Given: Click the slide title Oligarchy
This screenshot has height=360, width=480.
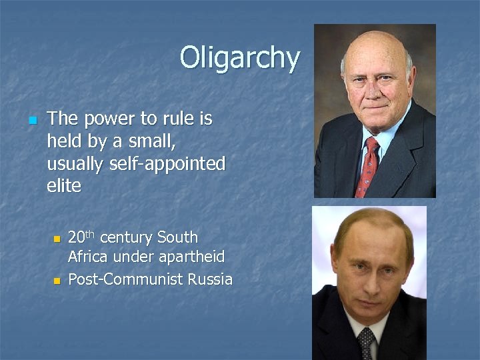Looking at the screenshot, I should pyautogui.click(x=239, y=58).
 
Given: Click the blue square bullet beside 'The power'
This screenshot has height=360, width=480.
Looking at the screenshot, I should pyautogui.click(x=31, y=121).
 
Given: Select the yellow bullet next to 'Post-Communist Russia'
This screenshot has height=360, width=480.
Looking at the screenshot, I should pyautogui.click(x=57, y=281).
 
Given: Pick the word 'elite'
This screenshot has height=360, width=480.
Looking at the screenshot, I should pyautogui.click(x=64, y=186).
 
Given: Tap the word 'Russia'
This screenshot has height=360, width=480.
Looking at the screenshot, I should pyautogui.click(x=210, y=279).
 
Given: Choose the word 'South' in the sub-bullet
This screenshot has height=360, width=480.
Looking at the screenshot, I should pyautogui.click(x=177, y=237).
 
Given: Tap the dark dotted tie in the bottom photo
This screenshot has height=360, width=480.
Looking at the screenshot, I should pyautogui.click(x=366, y=343).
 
